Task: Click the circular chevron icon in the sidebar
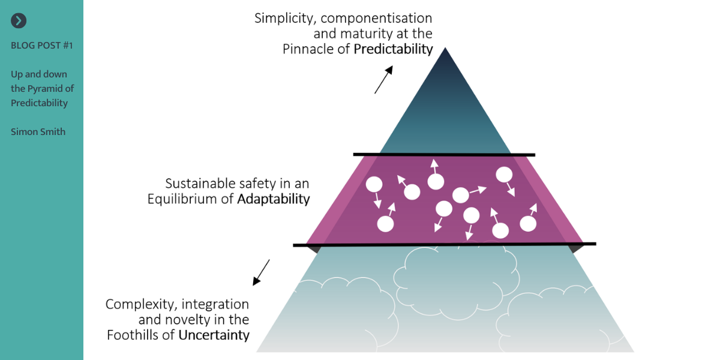tap(19, 21)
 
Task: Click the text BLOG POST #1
tap(42, 46)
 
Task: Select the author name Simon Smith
tap(38, 131)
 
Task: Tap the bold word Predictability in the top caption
tap(393, 49)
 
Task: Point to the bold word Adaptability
tap(274, 199)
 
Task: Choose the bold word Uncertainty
tap(214, 335)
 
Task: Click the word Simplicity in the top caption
tap(283, 18)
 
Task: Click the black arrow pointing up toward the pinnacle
tap(383, 80)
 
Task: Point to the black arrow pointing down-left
tap(261, 272)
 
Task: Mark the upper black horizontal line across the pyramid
tap(444, 155)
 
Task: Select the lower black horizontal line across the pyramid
tap(444, 244)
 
